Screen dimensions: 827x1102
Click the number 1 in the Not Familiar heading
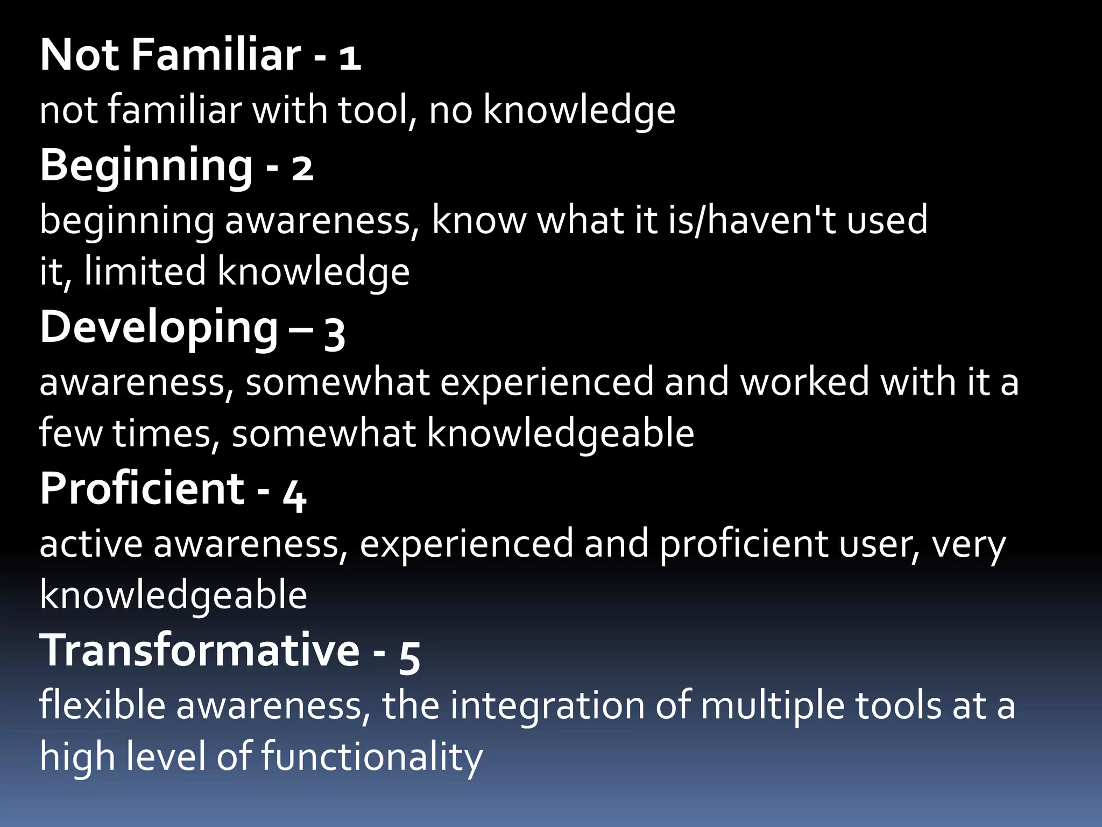[350, 58]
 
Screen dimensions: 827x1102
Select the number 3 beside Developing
[334, 333]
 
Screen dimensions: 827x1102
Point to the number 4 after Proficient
[294, 495]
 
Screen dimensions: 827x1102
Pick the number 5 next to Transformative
[409, 657]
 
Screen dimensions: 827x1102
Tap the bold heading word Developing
[159, 328]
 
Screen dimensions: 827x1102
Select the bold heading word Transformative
[200, 650]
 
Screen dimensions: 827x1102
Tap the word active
[91, 544]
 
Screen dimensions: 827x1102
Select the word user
[872, 544]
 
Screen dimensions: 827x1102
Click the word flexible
[102, 705]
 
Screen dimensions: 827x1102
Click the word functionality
[372, 757]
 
